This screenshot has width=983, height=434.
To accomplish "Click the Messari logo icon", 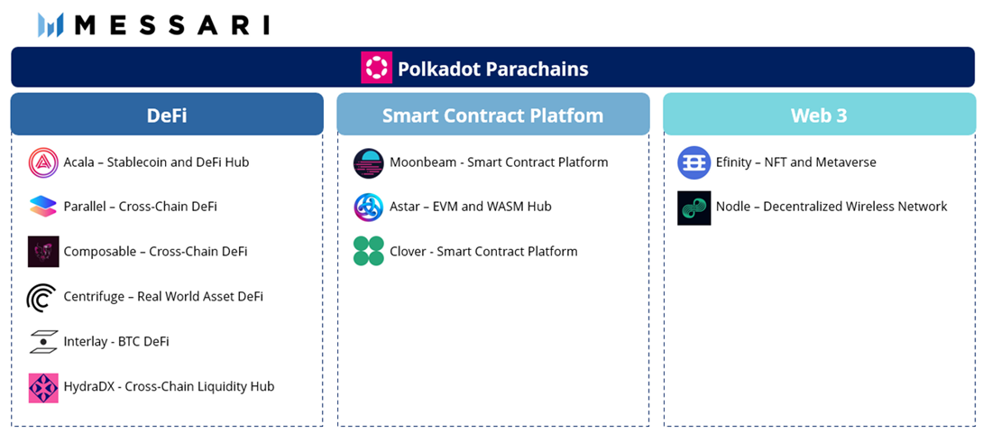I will tap(50, 25).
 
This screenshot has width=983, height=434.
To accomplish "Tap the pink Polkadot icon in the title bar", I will tap(376, 68).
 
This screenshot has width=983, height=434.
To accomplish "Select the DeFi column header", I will tap(167, 115).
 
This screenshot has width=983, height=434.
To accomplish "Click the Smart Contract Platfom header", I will tap(492, 115).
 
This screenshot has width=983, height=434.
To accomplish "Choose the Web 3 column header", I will tap(818, 115).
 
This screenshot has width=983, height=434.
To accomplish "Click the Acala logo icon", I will tap(42, 162).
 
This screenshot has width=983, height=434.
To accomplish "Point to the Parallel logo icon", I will tap(42, 207).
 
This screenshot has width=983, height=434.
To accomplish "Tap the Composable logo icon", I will tap(42, 252).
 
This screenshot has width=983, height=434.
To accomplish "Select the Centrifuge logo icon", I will tap(42, 296).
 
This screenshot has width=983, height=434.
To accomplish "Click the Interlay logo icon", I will tap(42, 341).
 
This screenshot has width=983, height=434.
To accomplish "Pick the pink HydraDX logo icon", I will tap(42, 387).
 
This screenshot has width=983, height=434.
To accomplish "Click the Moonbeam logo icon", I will tap(369, 162).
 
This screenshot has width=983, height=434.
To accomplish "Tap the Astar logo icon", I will tap(369, 207).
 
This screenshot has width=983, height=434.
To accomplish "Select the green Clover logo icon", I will tap(369, 252).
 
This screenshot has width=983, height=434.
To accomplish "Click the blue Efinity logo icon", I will tap(694, 162).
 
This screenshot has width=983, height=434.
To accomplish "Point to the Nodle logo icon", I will tap(694, 208).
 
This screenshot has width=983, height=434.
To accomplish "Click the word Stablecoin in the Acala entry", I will tap(137, 162).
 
